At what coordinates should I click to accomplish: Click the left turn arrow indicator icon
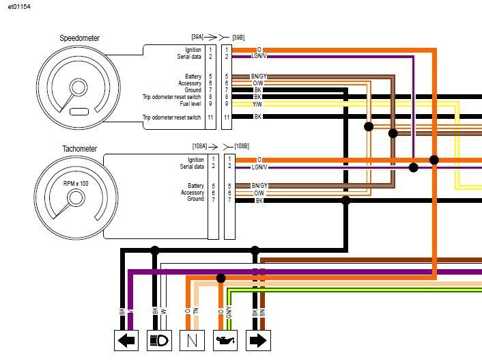126,340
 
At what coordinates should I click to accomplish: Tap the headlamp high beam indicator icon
160,340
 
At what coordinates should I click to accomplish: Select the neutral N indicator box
193,340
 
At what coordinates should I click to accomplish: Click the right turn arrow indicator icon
259,340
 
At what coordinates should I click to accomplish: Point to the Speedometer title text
80,38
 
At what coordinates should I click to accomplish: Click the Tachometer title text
80,149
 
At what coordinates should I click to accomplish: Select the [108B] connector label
242,146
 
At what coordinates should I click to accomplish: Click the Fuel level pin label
190,104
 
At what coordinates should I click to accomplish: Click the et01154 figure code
19,6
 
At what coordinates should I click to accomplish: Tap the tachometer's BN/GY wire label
259,186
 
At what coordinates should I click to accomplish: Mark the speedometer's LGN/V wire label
259,56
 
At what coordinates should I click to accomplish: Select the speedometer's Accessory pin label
190,83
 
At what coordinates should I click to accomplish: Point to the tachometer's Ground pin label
196,199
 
